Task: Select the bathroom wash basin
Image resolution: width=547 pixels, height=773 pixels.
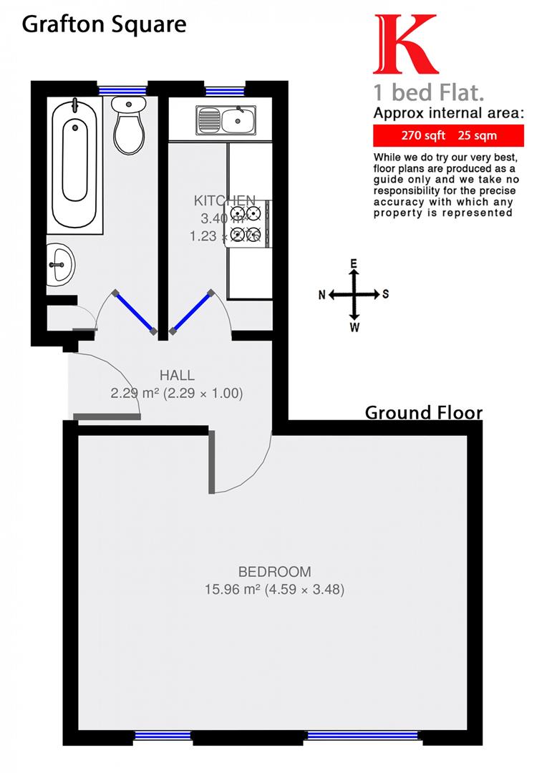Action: (59, 262)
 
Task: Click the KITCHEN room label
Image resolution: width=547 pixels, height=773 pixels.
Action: (224, 200)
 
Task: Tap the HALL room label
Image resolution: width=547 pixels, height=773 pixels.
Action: (177, 375)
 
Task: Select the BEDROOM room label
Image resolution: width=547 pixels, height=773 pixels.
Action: (275, 572)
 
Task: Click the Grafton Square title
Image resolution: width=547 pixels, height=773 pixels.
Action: (104, 24)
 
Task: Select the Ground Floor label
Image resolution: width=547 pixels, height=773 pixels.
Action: (424, 413)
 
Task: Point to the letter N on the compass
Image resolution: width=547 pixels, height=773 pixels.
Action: (322, 294)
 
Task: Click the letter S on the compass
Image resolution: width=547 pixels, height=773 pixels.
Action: (386, 294)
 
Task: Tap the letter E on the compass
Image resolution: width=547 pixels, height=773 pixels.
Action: (354, 263)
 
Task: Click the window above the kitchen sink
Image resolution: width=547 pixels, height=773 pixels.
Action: (224, 91)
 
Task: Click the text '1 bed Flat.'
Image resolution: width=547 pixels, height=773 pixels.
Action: (418, 93)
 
